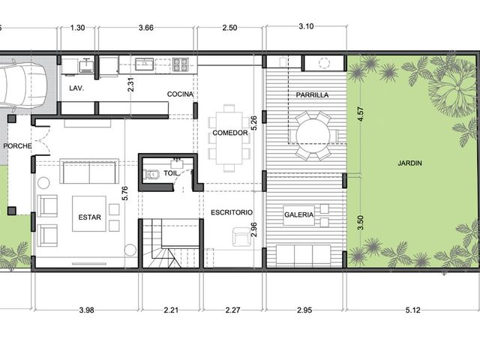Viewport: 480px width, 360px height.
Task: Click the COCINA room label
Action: tap(180, 94)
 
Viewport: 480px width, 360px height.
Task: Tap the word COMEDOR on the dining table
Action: tap(230, 133)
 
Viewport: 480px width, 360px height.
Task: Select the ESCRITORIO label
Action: tap(232, 212)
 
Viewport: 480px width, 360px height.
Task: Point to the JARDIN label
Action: tap(409, 163)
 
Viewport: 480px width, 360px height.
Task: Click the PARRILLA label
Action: tap(312, 95)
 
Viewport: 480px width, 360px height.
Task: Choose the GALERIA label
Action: tap(298, 215)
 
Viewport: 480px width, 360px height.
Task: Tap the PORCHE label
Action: tap(17, 146)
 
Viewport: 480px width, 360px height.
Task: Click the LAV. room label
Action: tap(76, 88)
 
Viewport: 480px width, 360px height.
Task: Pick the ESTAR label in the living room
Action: tap(89, 217)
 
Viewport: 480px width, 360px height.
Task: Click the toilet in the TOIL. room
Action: tap(151, 174)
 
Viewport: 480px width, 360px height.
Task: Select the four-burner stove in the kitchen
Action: tap(180, 64)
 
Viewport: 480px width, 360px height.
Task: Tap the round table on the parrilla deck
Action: tap(313, 135)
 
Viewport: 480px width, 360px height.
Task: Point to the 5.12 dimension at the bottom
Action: tap(412, 310)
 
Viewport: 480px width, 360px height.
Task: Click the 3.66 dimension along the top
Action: tap(146, 28)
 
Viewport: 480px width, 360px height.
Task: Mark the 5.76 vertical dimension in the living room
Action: tap(125, 193)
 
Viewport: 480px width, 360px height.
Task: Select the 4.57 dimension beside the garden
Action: tap(361, 114)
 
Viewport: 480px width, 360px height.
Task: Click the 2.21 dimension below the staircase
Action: tap(171, 310)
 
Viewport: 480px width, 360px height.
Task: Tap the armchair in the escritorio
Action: tap(241, 237)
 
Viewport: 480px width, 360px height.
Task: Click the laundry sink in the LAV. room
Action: tap(86, 65)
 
